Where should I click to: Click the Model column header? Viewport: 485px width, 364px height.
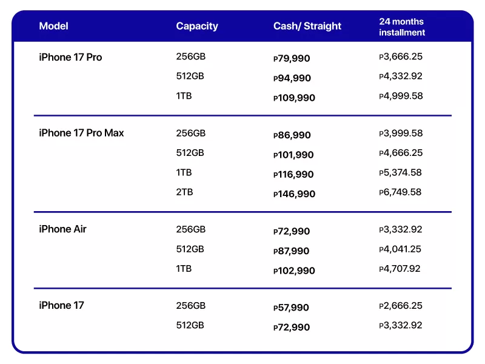point(53,26)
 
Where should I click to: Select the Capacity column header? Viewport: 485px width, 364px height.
point(197,26)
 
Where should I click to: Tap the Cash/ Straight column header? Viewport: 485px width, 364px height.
point(307,26)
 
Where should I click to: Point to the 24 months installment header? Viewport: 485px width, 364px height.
point(402,27)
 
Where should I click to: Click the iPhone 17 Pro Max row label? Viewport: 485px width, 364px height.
point(81,133)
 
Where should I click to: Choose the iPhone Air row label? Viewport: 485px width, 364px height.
point(62,229)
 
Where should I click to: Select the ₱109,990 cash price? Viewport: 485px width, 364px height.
point(294,98)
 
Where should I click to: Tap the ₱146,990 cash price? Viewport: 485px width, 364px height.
point(294,194)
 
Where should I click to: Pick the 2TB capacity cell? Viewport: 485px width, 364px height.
point(184,192)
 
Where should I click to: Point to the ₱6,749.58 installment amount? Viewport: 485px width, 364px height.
point(400,192)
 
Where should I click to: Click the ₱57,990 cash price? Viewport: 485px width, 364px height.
point(292,308)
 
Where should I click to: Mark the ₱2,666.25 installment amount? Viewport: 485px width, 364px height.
point(400,306)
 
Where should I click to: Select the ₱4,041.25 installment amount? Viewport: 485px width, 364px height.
point(400,249)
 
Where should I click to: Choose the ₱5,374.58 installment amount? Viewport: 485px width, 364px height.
point(400,173)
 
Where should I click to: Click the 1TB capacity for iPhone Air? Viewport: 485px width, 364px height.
point(184,268)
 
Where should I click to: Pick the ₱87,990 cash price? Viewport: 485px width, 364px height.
point(292,251)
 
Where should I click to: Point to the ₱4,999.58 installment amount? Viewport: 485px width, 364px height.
point(400,96)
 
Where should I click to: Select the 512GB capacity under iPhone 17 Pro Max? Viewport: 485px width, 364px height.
point(190,153)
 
